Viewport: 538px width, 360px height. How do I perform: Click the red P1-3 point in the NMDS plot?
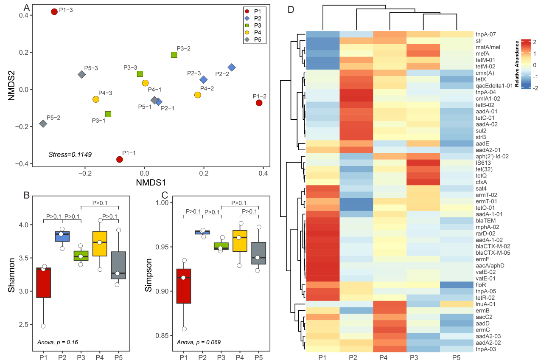tap(54, 12)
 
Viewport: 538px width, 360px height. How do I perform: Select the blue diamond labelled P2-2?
tap(232, 67)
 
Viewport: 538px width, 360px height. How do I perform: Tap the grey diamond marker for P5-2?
tap(43, 124)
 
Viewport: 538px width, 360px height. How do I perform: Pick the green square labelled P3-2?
tap(174, 55)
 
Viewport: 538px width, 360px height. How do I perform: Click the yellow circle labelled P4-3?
tap(96, 99)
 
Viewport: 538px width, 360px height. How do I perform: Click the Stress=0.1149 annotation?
tap(70, 154)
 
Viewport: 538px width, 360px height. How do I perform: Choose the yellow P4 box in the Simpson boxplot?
tap(239, 241)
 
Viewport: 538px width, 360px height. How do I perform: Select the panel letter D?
tap(291, 10)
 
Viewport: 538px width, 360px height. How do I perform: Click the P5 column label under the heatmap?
tap(457, 357)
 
